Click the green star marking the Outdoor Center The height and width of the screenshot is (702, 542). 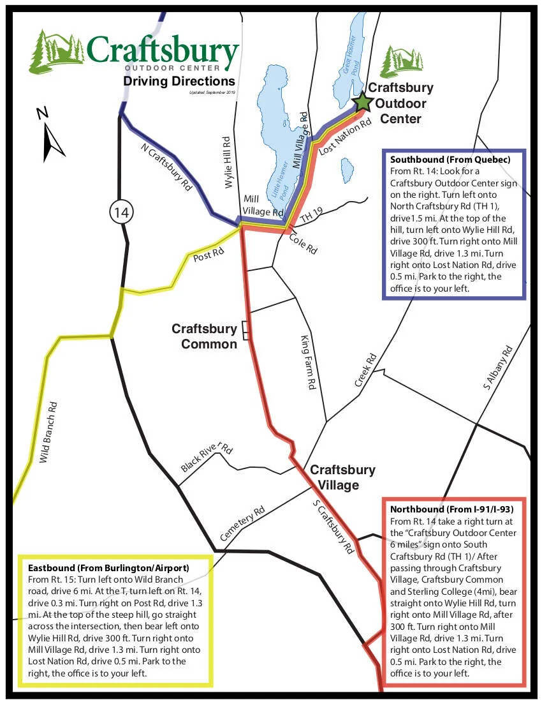[x=363, y=101]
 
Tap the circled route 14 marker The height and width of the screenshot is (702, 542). [x=121, y=212]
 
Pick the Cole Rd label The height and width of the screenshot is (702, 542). [x=303, y=244]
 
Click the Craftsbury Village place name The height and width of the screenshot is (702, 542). [x=342, y=477]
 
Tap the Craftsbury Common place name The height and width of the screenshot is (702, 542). [x=204, y=336]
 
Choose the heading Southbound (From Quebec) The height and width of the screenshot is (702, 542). [x=450, y=160]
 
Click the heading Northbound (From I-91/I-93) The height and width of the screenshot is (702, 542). [x=451, y=509]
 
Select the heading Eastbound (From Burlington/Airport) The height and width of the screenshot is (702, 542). [x=108, y=567]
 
